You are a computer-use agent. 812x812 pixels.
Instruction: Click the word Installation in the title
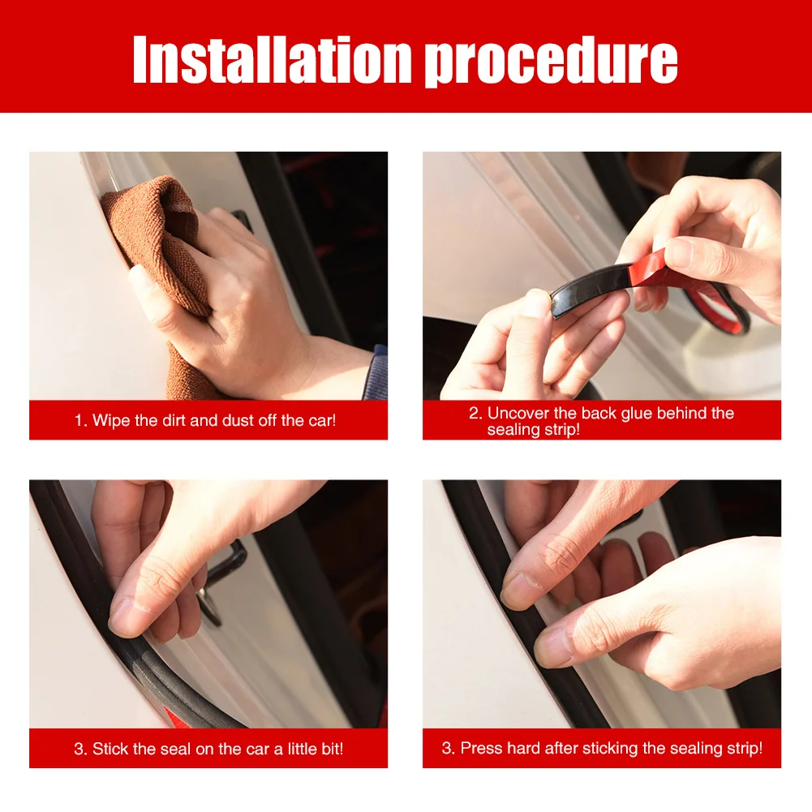pyautogui.click(x=273, y=59)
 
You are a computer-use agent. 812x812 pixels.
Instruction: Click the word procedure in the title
pyautogui.click(x=552, y=63)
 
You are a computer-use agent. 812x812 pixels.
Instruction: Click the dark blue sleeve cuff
pyautogui.click(x=376, y=373)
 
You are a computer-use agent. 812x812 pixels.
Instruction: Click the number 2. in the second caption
pyautogui.click(x=475, y=413)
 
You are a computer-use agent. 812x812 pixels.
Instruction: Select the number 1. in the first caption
pyautogui.click(x=81, y=420)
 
